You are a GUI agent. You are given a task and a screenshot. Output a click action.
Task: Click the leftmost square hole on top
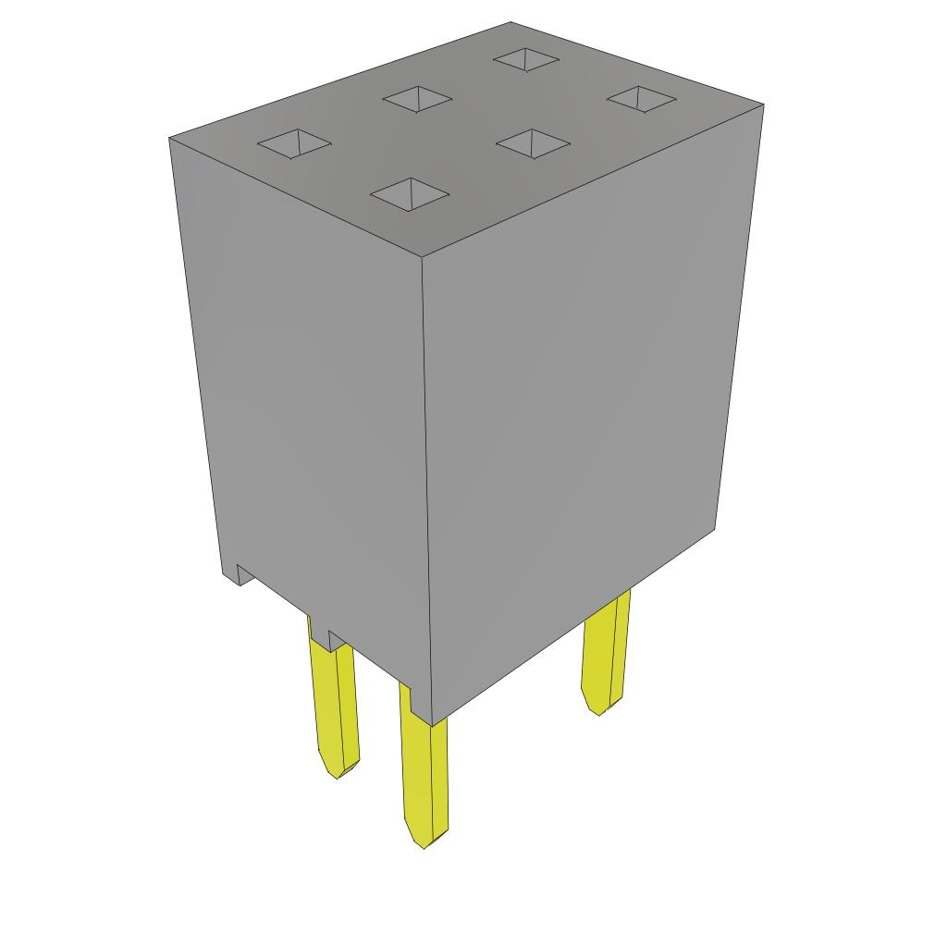(294, 143)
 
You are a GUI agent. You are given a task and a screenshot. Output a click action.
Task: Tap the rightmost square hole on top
(641, 98)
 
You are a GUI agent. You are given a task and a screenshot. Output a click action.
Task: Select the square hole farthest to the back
(526, 59)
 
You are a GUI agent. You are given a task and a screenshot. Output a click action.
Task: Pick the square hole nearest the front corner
(410, 194)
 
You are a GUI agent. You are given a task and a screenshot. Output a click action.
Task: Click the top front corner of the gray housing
(422, 257)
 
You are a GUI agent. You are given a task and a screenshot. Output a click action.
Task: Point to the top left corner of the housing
(170, 139)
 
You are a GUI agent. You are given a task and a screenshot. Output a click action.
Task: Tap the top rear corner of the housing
(510, 23)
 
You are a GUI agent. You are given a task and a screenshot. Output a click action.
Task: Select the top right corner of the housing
(763, 105)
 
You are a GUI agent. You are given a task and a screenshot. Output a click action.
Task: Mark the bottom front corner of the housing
(432, 724)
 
